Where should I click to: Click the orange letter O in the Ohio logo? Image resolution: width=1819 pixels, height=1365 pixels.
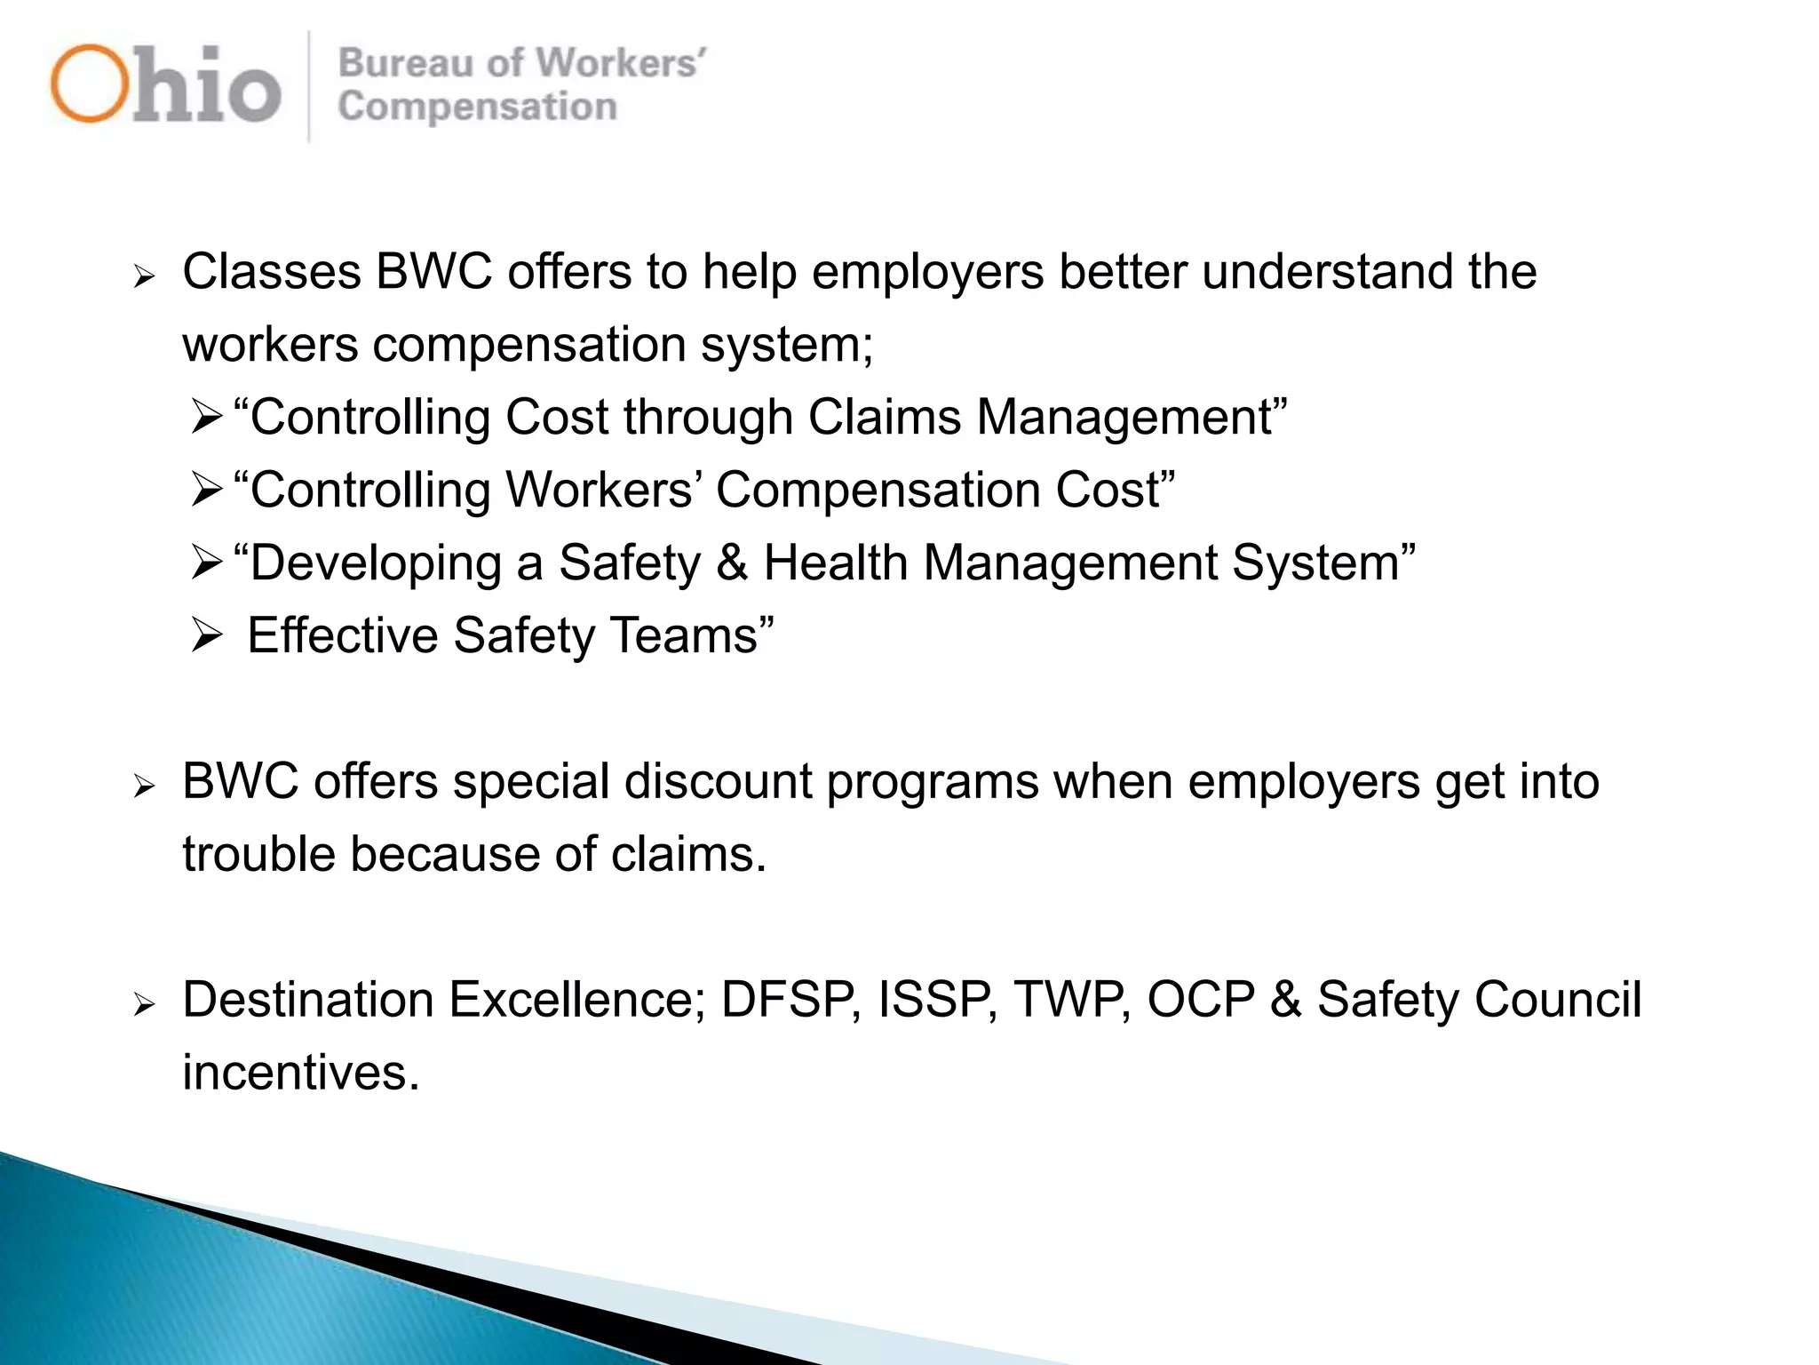[89, 84]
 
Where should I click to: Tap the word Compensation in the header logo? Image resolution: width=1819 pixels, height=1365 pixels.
[477, 108]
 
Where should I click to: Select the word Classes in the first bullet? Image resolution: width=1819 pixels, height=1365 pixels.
[271, 272]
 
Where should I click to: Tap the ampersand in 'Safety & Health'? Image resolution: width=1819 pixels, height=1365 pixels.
[732, 563]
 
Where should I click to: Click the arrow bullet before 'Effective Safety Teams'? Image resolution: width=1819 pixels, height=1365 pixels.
[206, 635]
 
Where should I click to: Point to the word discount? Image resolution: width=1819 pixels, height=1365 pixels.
[718, 782]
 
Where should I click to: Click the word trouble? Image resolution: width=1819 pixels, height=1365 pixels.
[258, 854]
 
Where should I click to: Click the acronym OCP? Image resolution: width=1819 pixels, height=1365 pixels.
[1201, 1000]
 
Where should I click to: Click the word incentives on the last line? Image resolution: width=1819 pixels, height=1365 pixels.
[300, 1073]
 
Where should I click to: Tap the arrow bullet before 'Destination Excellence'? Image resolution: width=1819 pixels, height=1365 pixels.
[144, 1005]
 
